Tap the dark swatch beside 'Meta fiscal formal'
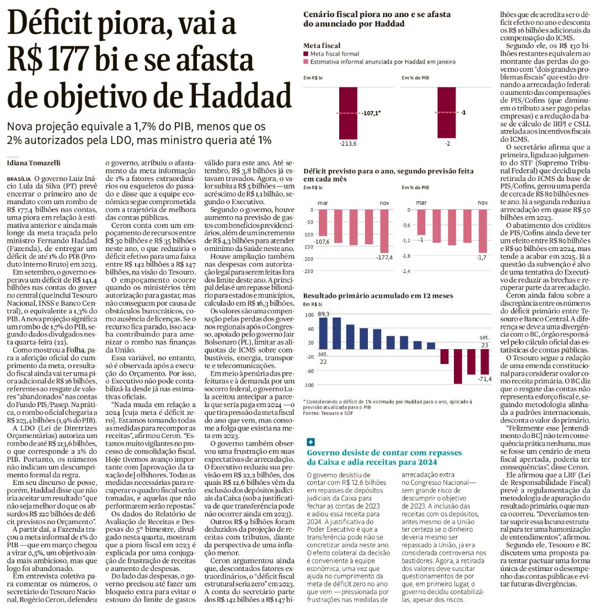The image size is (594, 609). [x=306, y=54]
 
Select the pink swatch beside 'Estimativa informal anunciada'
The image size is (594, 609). [x=306, y=62]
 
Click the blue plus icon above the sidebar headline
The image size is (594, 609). [x=311, y=442]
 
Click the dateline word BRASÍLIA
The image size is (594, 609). [x=19, y=179]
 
